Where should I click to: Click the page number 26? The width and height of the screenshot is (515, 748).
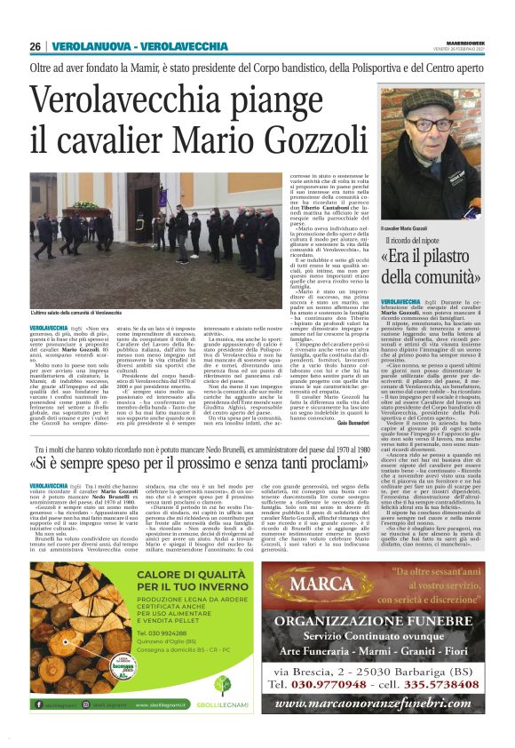(x=36, y=46)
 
